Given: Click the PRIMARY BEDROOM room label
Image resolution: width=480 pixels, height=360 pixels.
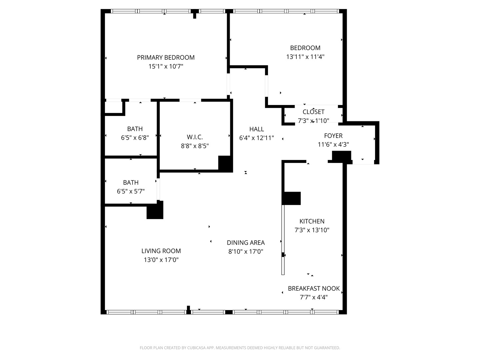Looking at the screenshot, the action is [166, 57].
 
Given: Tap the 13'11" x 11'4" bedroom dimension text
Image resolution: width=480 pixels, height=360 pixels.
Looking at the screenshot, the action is [305, 57].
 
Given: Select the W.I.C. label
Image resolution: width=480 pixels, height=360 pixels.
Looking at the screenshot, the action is [195, 137].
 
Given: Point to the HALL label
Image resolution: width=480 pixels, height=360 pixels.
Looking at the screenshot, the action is [257, 129].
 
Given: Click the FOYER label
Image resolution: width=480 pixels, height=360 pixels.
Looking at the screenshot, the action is [333, 136].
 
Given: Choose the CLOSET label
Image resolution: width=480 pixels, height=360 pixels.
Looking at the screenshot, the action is [313, 112].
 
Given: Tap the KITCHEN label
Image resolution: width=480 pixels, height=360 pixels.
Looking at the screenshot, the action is [312, 221].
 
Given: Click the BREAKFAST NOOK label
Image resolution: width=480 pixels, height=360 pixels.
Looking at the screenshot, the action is [314, 289].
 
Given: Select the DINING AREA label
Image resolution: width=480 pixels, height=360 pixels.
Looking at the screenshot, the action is [246, 243].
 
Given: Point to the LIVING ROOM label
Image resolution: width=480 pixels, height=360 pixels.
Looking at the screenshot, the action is [161, 251].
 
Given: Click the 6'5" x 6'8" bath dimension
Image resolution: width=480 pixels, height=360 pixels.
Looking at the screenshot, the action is [135, 138].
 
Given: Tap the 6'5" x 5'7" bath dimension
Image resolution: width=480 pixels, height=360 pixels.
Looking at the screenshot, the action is [131, 191].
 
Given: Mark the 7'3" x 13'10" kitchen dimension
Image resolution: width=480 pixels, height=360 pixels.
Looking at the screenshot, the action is [312, 230].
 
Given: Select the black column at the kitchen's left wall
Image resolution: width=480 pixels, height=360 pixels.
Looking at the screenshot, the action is [291, 198].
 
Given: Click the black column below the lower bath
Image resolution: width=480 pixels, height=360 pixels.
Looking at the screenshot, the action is [155, 210].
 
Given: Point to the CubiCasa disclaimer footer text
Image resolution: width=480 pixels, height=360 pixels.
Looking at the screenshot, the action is [240, 348].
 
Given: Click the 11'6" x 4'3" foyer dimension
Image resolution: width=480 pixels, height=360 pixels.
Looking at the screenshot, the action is [333, 144].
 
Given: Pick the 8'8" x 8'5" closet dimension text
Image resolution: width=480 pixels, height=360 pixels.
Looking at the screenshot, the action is [195, 146].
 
